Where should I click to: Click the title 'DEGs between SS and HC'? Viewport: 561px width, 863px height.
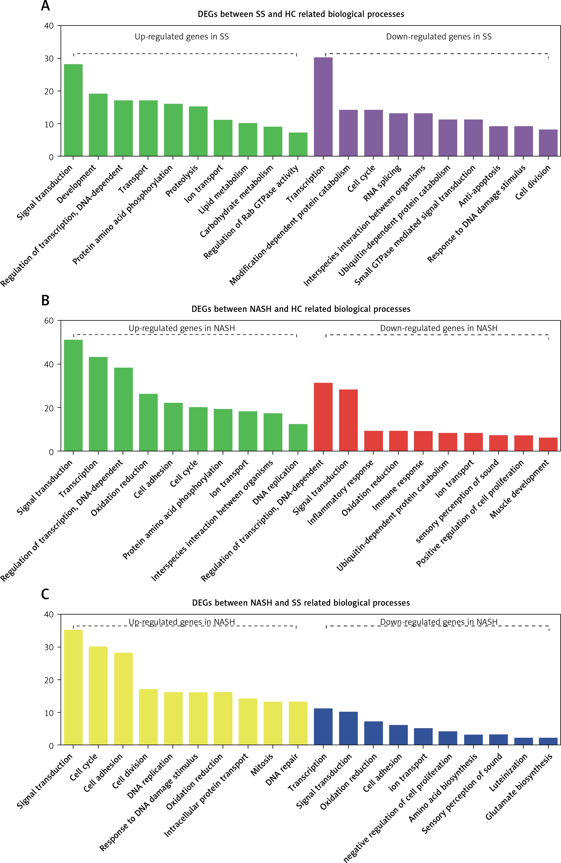301,14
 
